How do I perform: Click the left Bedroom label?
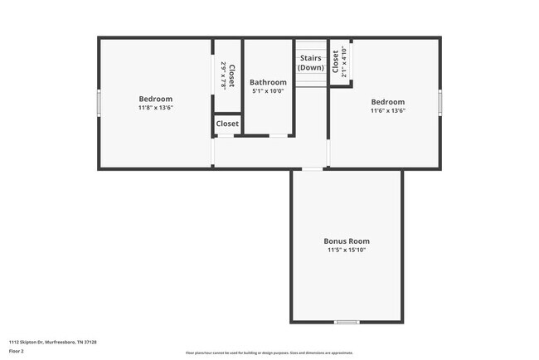[155, 99]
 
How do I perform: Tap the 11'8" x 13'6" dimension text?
[155, 108]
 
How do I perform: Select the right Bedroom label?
[387, 101]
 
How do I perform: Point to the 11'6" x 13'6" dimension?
[387, 110]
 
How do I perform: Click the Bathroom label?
[268, 82]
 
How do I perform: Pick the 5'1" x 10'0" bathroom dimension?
[268, 91]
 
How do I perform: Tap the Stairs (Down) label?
[310, 63]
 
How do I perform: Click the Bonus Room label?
[346, 241]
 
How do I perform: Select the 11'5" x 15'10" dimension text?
[346, 250]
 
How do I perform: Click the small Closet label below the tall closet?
[227, 124]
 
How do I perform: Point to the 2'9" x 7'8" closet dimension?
[223, 75]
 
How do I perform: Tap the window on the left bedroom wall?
[100, 103]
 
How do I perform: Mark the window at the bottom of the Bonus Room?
[346, 322]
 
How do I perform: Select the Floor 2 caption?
[17, 351]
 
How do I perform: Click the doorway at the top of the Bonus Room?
[312, 169]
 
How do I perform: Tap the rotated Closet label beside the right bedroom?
[336, 61]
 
